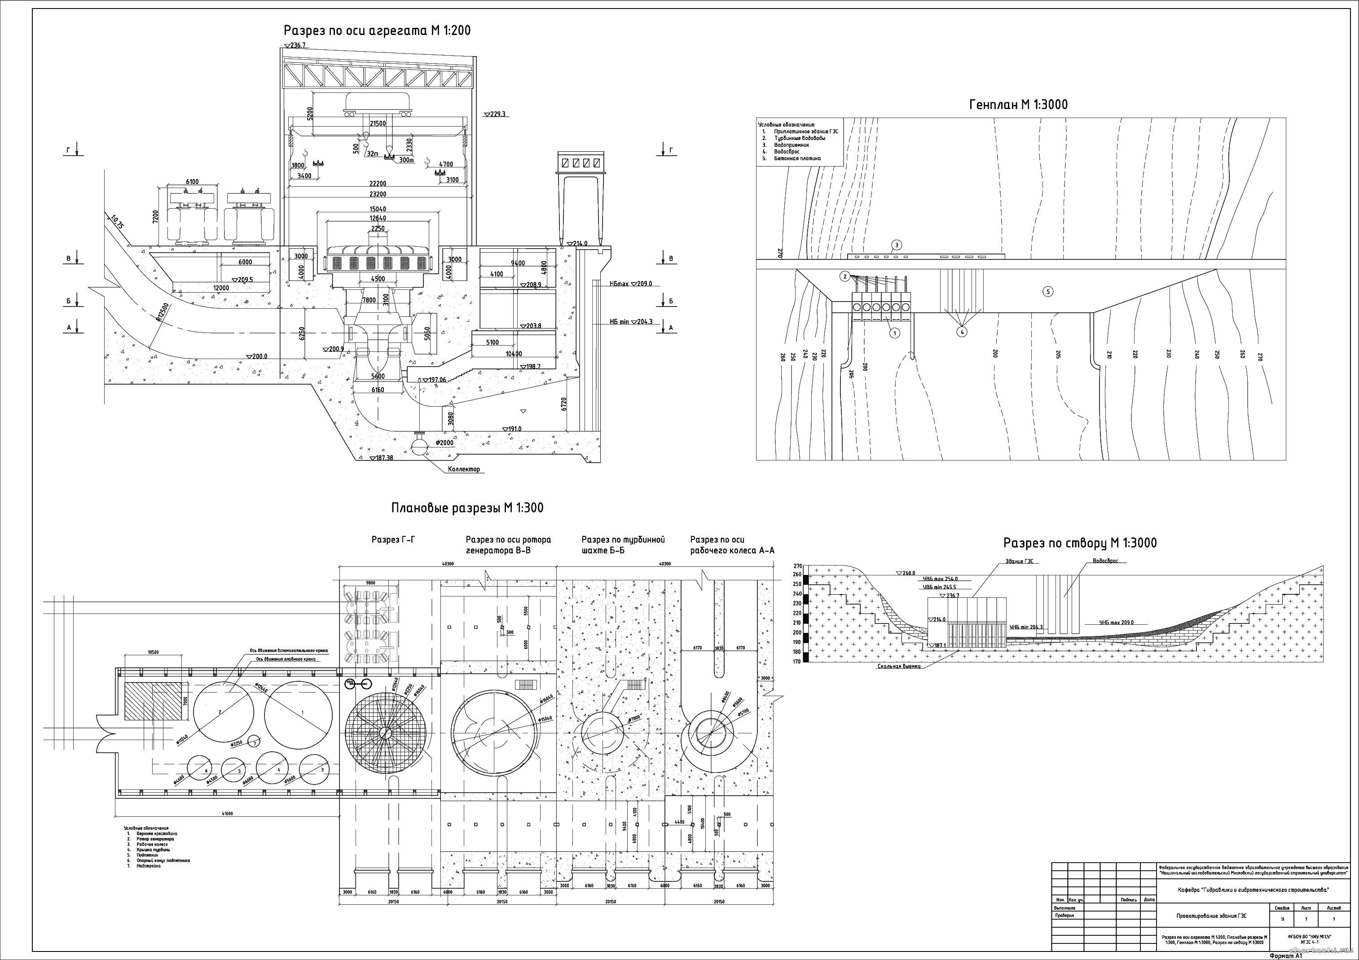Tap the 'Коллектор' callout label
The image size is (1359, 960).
(x=464, y=469)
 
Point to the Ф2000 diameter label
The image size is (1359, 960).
(x=444, y=443)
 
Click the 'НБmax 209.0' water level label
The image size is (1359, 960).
(x=630, y=284)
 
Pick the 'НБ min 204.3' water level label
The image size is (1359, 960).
(x=631, y=322)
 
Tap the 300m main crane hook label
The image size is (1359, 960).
(x=406, y=160)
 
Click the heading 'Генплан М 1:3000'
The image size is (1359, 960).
(x=1018, y=105)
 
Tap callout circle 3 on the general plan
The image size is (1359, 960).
(x=897, y=245)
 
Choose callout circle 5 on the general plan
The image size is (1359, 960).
(x=1048, y=291)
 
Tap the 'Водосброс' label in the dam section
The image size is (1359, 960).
(x=1105, y=561)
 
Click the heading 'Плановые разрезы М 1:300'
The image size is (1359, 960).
(x=467, y=508)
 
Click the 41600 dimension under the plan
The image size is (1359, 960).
(x=227, y=813)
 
